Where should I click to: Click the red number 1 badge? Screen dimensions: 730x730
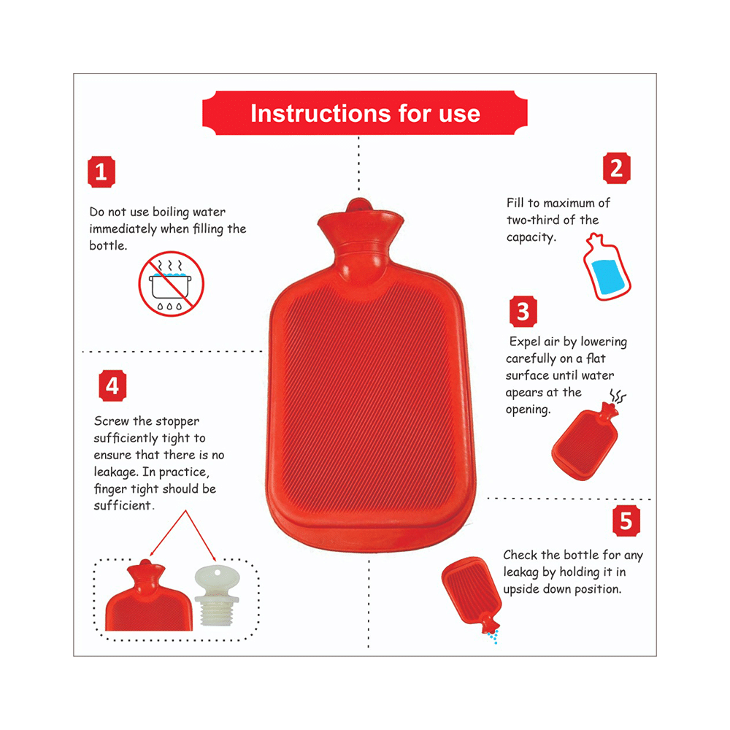[101, 173]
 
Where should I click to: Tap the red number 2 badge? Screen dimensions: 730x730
[616, 169]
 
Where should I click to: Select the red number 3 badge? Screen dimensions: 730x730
[523, 312]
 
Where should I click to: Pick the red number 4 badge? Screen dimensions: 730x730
[112, 385]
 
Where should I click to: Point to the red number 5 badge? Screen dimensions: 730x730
[626, 521]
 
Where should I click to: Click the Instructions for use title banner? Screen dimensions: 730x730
[364, 114]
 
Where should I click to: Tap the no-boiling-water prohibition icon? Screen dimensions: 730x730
[172, 283]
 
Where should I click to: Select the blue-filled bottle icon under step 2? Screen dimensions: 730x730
[605, 268]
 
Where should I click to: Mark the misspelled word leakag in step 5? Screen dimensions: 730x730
[524, 572]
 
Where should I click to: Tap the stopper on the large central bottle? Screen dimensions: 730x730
[357, 206]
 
